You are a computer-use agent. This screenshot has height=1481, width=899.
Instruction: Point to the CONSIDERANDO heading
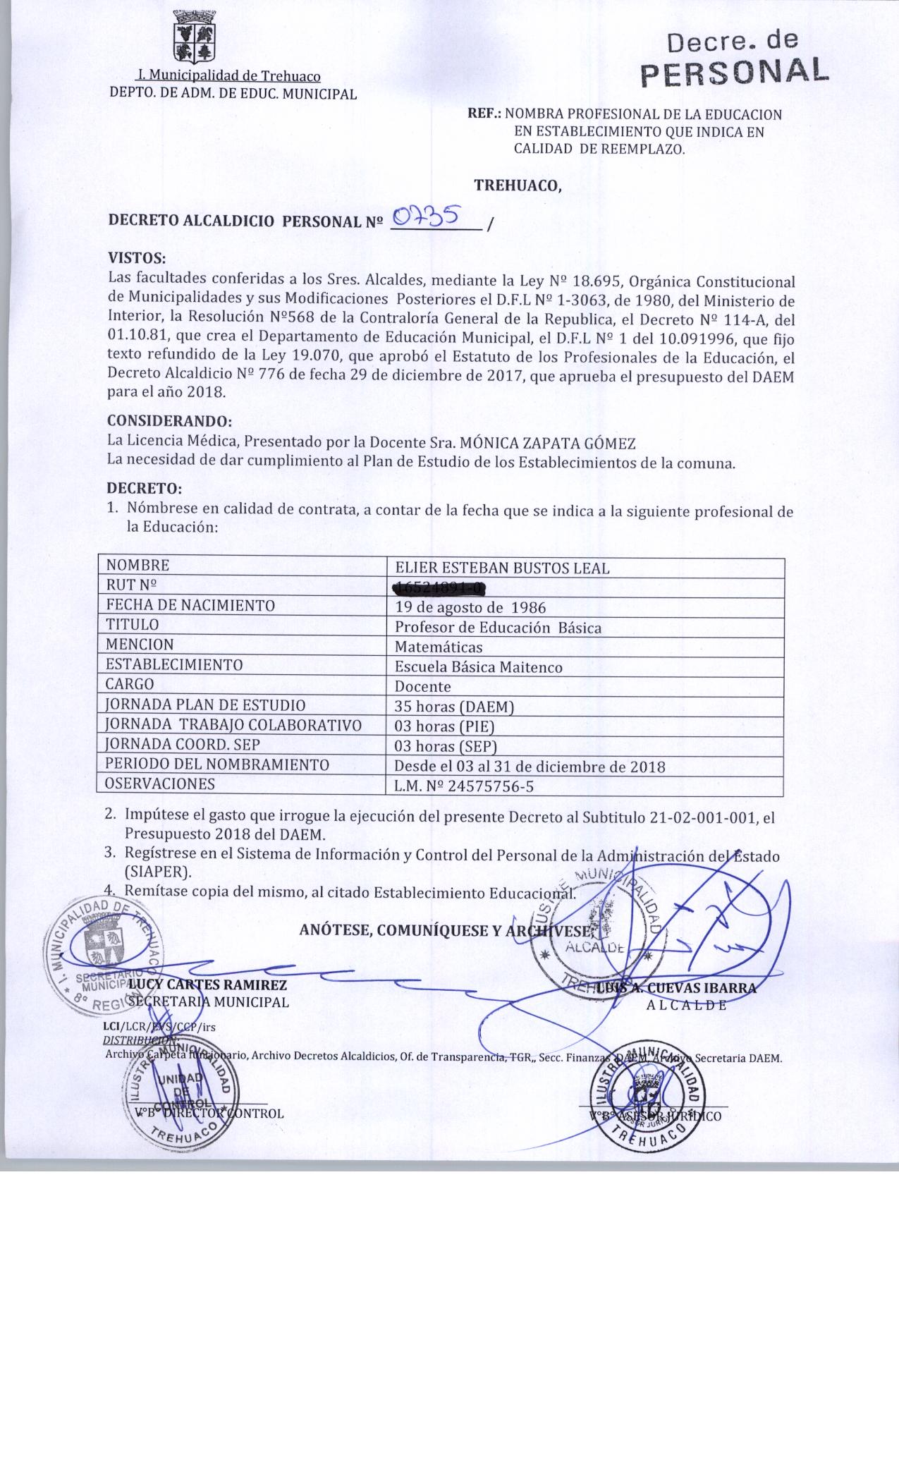click(x=169, y=421)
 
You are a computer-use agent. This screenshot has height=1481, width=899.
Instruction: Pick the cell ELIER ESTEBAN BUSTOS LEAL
click(x=502, y=568)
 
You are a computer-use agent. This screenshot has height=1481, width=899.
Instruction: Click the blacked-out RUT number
click(x=439, y=587)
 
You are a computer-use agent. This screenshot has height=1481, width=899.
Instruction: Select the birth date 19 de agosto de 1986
click(x=470, y=607)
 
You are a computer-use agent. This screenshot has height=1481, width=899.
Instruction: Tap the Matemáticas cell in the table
click(x=439, y=647)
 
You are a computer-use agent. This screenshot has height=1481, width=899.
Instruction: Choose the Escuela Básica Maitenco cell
click(x=478, y=666)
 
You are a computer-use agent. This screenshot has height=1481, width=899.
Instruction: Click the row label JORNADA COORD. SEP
click(x=183, y=744)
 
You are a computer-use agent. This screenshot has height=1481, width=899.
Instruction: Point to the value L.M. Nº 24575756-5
click(x=463, y=786)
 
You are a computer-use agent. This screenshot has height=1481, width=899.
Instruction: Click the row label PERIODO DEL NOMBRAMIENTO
click(x=217, y=764)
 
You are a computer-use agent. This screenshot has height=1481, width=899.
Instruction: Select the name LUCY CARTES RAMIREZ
click(x=207, y=985)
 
